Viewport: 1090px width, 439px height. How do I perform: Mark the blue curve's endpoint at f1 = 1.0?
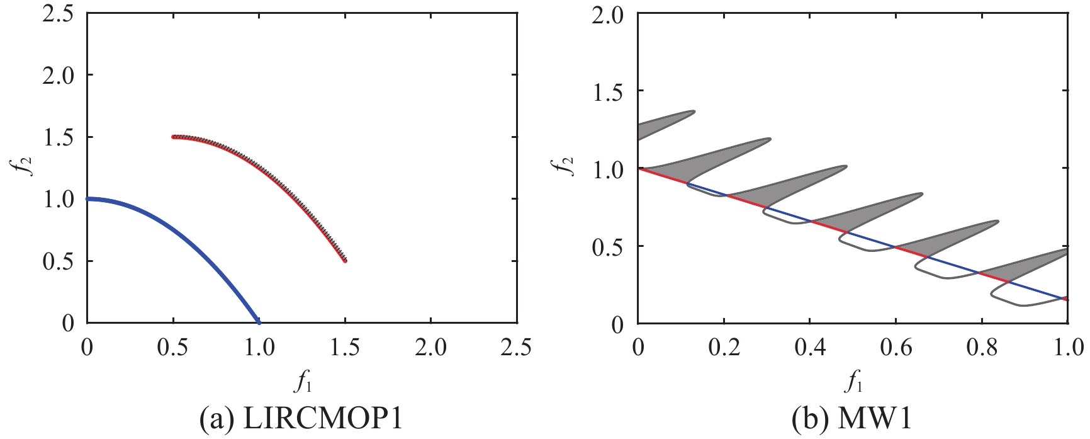click(x=258, y=322)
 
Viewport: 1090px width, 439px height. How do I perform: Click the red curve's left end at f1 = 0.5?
click(x=174, y=137)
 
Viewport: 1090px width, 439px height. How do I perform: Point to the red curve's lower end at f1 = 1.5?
click(x=345, y=260)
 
